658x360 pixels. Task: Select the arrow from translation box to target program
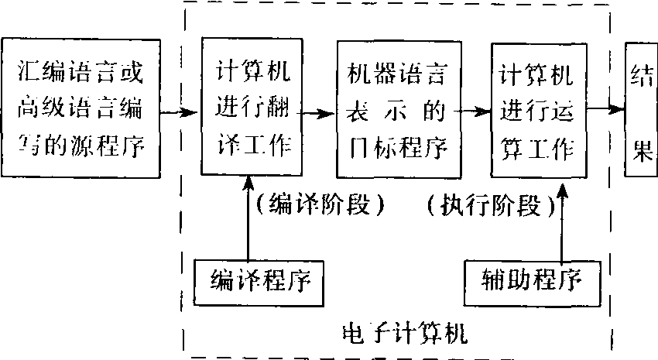[317, 112]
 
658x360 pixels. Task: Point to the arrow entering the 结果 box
[606, 111]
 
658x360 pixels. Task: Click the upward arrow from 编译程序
[247, 221]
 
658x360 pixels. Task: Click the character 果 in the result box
[641, 150]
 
